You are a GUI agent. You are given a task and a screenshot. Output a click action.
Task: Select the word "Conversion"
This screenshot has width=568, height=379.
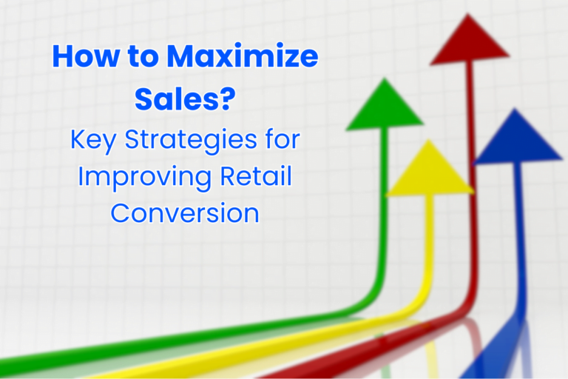point(185,213)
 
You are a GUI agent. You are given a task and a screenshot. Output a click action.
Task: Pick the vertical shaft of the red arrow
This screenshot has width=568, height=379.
point(470,185)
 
